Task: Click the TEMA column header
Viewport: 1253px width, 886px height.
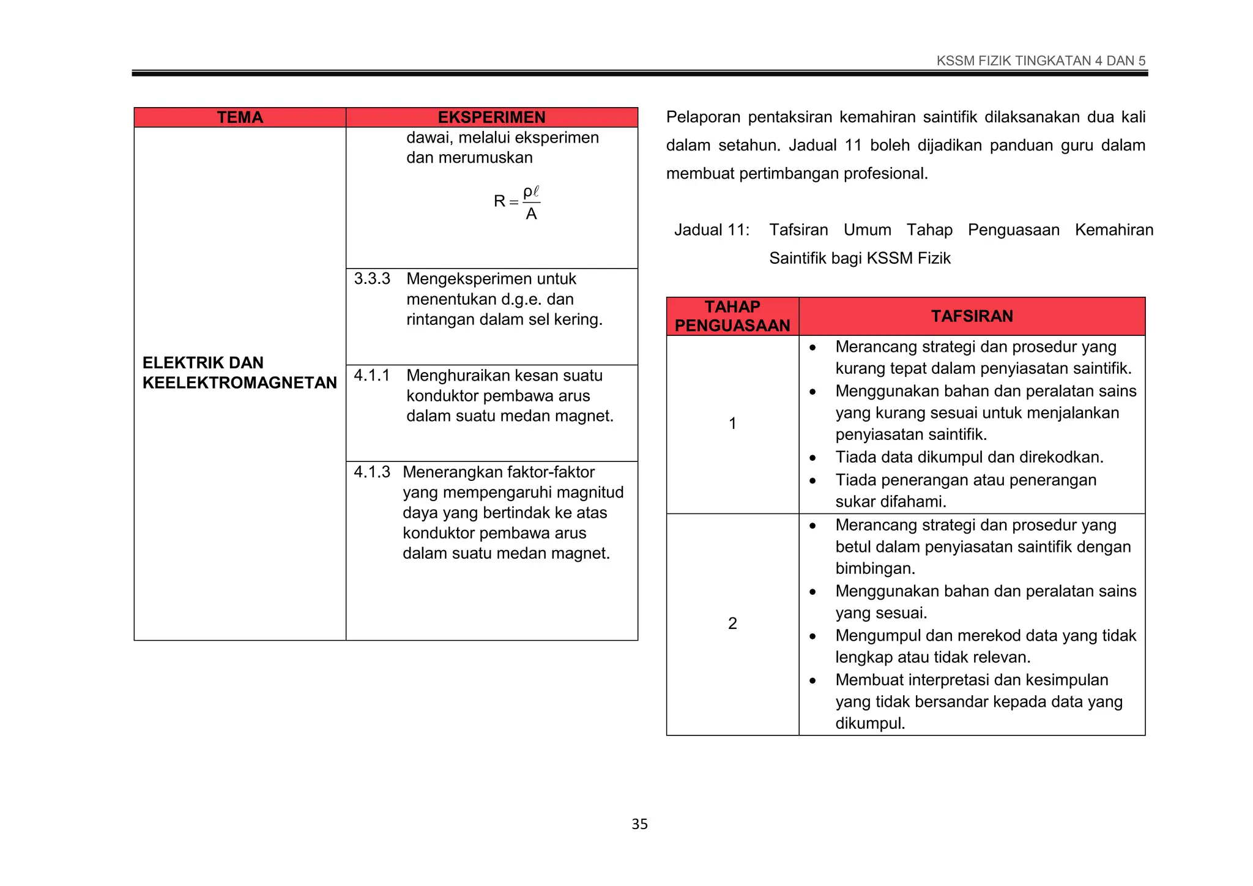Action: [240, 117]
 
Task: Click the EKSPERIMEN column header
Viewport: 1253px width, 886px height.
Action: [491, 117]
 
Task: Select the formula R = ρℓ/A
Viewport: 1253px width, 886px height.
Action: [517, 203]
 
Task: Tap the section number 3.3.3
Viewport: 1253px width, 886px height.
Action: [372, 279]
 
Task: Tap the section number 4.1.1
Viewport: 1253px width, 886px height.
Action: [372, 375]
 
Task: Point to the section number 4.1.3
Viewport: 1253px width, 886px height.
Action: [372, 472]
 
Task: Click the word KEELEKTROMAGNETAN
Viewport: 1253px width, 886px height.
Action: [240, 383]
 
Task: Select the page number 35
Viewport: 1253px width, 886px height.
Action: [639, 824]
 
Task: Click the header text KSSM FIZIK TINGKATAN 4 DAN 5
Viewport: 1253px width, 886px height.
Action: [1041, 61]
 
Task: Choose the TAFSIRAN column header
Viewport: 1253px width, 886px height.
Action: [972, 316]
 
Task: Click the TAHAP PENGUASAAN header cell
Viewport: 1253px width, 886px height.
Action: [732, 316]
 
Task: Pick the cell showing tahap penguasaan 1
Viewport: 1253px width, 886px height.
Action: [732, 423]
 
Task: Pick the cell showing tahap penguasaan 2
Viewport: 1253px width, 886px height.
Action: [732, 624]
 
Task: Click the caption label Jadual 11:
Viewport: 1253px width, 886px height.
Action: [712, 230]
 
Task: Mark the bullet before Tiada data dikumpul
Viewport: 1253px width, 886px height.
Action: [812, 458]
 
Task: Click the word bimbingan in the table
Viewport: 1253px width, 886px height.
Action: [875, 568]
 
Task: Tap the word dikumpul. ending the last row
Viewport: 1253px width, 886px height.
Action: [870, 723]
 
